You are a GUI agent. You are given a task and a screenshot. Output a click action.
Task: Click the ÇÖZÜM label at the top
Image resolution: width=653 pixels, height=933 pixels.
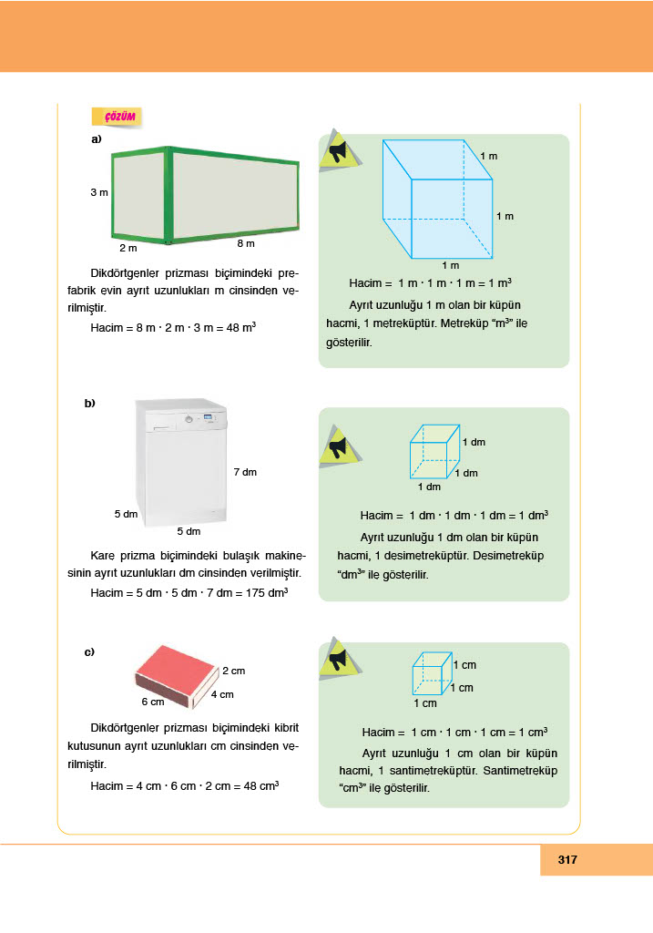click(x=119, y=117)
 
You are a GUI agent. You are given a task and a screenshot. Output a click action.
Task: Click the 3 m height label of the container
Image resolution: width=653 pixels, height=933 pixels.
click(x=99, y=193)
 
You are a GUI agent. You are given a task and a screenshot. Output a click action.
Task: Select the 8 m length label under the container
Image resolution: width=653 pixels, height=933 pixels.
click(x=246, y=244)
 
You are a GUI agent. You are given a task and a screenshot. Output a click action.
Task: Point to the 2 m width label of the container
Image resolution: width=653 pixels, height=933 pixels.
click(x=128, y=248)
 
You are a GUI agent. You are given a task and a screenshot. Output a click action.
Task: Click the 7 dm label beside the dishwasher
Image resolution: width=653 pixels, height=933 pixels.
click(x=245, y=472)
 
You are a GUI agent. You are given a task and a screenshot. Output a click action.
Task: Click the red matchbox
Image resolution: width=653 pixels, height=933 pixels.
click(x=177, y=673)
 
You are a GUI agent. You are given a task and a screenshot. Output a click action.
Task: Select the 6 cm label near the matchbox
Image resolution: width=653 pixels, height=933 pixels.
click(x=152, y=702)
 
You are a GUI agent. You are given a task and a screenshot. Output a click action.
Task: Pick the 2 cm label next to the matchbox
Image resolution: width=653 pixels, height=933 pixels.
click(x=234, y=671)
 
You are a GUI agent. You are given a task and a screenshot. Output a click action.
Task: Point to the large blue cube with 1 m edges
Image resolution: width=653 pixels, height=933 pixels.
click(x=438, y=200)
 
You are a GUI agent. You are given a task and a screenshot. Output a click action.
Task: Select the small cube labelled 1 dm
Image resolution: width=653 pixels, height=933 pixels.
click(x=434, y=452)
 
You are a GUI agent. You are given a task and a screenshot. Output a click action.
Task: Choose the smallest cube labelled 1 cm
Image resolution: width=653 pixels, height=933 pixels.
click(x=432, y=674)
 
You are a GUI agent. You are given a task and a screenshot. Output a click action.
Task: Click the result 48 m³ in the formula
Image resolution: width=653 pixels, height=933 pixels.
click(x=238, y=326)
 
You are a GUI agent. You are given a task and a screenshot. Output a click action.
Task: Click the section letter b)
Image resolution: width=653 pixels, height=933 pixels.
click(x=90, y=404)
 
